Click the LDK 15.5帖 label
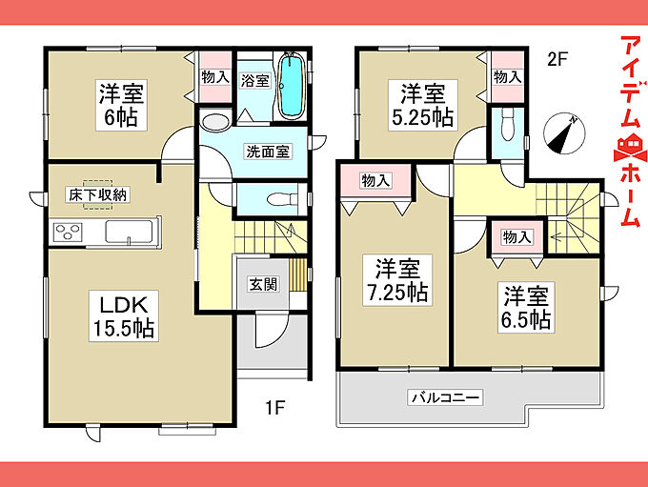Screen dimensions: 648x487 [x=124, y=316]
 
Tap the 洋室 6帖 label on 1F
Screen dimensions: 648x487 [x=121, y=106]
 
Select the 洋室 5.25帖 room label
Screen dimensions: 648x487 [x=423, y=106]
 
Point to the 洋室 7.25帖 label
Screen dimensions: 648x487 [x=397, y=280]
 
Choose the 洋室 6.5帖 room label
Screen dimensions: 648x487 [x=526, y=307]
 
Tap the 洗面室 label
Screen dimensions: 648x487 [x=268, y=152]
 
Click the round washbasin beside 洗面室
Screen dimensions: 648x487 [x=215, y=122]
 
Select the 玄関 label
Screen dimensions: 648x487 [x=263, y=284]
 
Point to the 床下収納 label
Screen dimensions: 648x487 [x=97, y=194]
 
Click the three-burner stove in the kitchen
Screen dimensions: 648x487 [x=68, y=232]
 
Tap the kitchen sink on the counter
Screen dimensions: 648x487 [x=129, y=232]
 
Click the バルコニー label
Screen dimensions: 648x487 [x=445, y=397]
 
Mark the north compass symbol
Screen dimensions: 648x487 [x=564, y=133]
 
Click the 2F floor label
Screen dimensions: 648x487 [x=556, y=59]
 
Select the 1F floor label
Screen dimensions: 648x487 [x=274, y=408]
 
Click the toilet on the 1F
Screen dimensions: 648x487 [x=282, y=200]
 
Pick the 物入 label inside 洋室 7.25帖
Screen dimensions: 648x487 [x=375, y=181]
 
